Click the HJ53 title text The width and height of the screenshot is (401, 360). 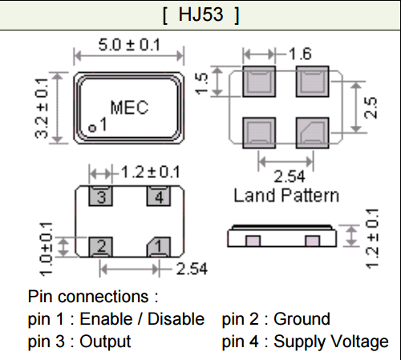(x=200, y=14)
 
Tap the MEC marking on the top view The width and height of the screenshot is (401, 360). (x=129, y=107)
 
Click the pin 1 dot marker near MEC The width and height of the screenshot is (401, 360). (x=92, y=128)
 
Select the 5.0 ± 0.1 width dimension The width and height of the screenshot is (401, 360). (x=129, y=45)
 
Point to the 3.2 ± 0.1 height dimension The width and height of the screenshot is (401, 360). (x=42, y=108)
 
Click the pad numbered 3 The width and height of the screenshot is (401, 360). (x=100, y=196)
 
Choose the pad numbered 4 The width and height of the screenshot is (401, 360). (x=159, y=196)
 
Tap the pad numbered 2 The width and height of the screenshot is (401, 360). (x=100, y=247)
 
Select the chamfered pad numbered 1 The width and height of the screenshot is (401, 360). (x=159, y=247)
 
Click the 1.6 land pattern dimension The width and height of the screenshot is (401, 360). (x=300, y=54)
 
